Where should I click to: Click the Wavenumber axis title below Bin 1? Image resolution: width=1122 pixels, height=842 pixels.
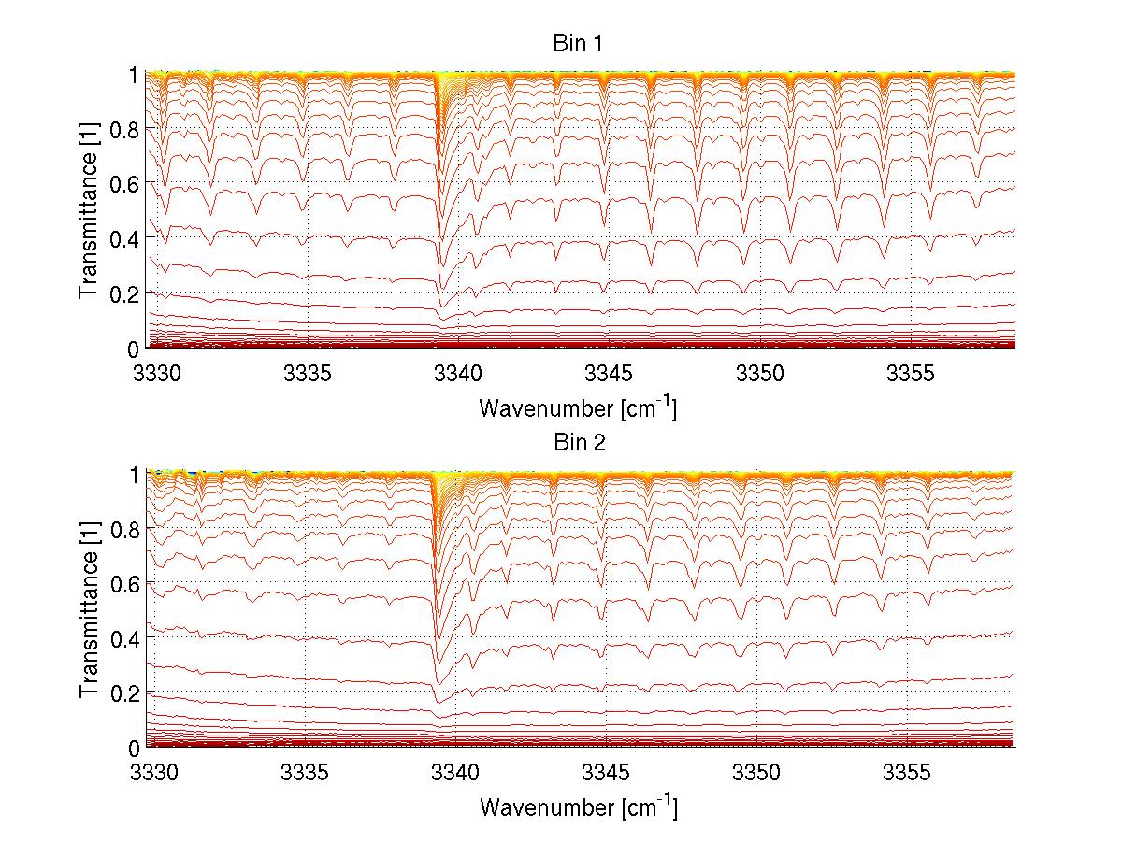[x=578, y=408]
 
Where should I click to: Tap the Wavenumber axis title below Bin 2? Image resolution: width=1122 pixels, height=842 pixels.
[x=578, y=806]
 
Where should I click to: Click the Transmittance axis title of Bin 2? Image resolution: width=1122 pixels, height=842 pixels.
[x=89, y=610]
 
